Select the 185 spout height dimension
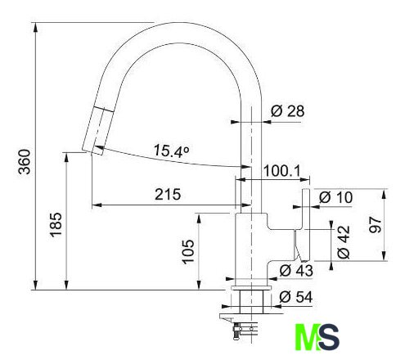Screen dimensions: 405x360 pos(56,224)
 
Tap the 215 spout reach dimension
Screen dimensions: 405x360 pos(168,195)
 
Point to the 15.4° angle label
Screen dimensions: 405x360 pos(171,151)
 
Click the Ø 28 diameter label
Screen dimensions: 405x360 pos(287,111)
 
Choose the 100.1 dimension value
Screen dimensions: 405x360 pos(281,171)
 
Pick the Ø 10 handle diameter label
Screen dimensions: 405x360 pos(335,197)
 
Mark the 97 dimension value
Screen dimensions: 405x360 pos(376,225)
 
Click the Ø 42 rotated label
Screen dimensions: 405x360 pos(344,241)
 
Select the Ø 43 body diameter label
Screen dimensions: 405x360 pos(296,271)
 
